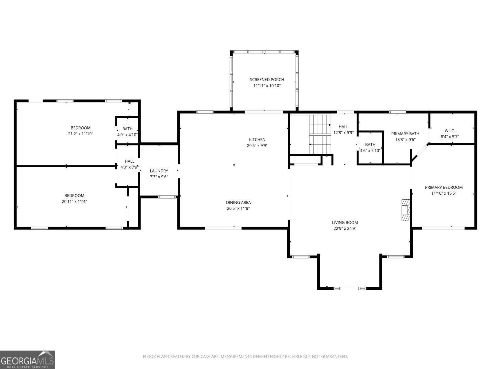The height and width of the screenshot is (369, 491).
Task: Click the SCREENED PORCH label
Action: click(x=267, y=80)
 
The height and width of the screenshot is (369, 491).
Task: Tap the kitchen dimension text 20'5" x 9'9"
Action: click(x=257, y=145)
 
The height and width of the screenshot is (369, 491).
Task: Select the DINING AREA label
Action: click(x=238, y=202)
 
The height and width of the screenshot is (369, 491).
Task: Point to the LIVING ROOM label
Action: click(x=345, y=222)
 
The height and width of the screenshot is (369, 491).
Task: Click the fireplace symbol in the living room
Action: click(x=406, y=210)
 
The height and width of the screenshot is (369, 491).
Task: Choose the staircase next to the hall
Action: click(x=320, y=134)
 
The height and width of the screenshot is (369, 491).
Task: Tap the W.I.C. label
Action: click(x=450, y=131)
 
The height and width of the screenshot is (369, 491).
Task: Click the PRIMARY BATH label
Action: click(x=405, y=133)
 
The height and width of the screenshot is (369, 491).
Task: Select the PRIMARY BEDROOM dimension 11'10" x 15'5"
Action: click(x=444, y=193)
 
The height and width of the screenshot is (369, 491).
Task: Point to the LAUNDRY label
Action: click(x=159, y=171)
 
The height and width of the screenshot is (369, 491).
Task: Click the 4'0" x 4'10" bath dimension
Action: click(x=127, y=135)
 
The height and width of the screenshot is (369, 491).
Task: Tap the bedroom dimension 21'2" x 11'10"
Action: click(x=80, y=134)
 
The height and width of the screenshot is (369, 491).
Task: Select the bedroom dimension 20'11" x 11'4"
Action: click(x=74, y=201)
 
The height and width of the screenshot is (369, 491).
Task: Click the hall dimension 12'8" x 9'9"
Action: click(x=343, y=133)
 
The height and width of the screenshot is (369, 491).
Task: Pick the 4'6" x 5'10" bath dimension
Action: click(x=370, y=151)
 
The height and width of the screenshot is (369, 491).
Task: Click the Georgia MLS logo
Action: click(x=27, y=359)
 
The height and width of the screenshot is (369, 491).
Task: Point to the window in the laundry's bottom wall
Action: click(x=167, y=197)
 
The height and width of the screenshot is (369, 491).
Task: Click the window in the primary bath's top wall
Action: click(x=397, y=112)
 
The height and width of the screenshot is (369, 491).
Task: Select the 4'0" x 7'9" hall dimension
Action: click(x=129, y=167)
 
